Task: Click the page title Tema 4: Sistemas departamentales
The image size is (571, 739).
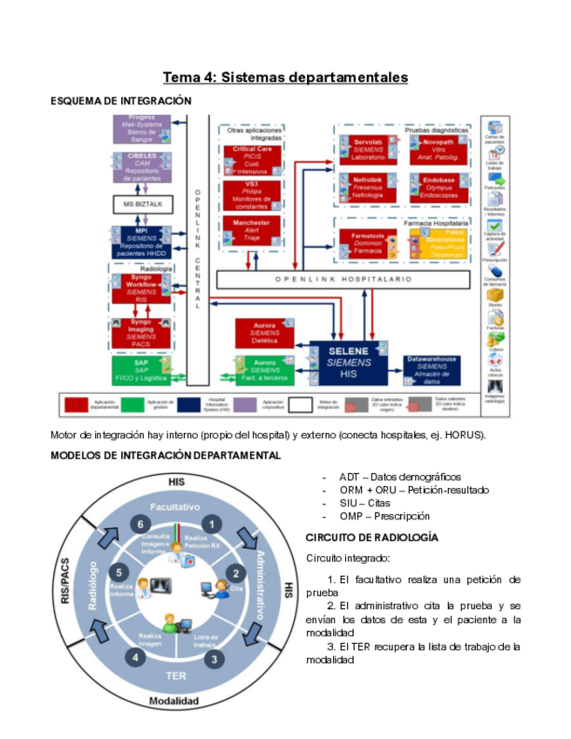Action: tap(285, 78)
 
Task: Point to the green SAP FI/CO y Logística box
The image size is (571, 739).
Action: tap(140, 369)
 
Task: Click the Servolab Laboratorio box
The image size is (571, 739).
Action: tap(370, 150)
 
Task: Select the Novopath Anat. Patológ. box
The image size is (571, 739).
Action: tap(439, 150)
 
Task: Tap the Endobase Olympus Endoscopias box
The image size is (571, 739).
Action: tap(439, 188)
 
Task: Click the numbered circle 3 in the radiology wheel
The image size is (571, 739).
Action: tap(213, 660)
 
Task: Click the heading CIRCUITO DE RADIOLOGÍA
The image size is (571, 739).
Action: tap(372, 537)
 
